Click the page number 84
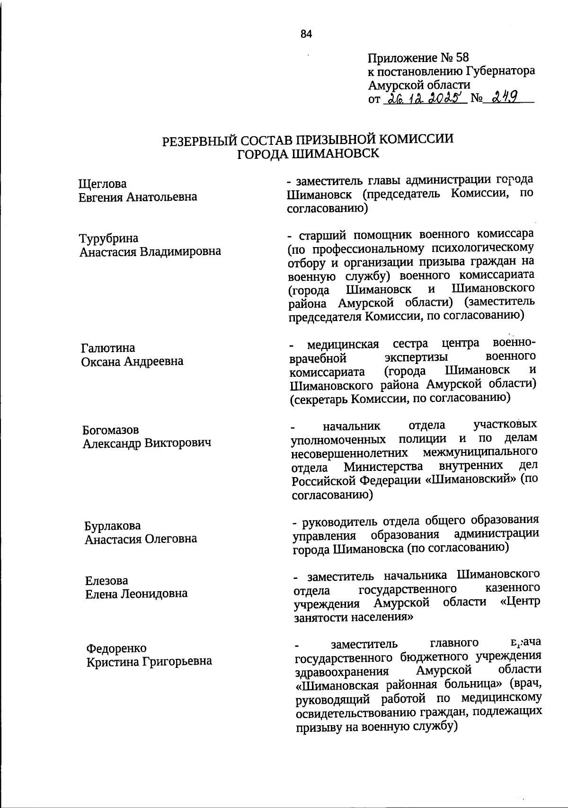coord(306,34)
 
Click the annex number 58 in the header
coord(461,58)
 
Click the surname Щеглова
coord(103,184)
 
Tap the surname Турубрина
coord(109,238)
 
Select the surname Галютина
coord(108,348)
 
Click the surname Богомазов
coord(111,430)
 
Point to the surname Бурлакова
coord(113,526)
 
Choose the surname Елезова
coord(107,580)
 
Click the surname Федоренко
coord(116,648)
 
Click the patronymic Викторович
coord(177,444)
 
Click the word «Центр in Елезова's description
coord(520,602)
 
